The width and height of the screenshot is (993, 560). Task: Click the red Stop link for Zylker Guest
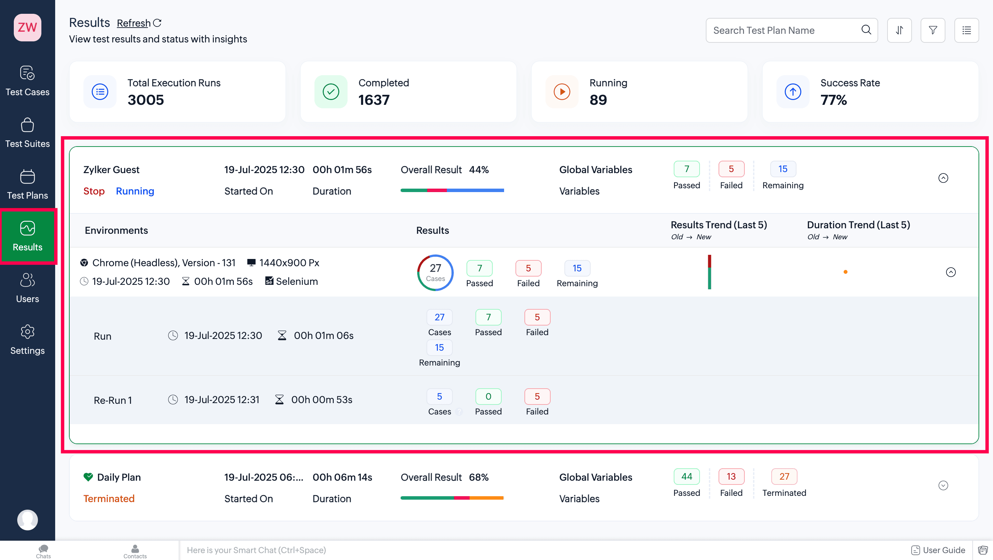click(94, 191)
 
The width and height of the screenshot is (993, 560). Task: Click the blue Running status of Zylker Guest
click(135, 191)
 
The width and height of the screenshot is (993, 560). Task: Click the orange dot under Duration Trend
click(845, 272)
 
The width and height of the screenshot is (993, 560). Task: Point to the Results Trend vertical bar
click(709, 272)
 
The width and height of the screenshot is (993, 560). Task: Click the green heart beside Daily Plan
click(88, 477)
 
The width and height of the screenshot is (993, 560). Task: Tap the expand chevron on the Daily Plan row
click(943, 486)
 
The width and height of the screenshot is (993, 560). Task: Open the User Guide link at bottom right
click(938, 550)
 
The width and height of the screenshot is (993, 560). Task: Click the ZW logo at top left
click(27, 27)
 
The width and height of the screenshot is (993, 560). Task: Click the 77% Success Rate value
click(833, 100)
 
